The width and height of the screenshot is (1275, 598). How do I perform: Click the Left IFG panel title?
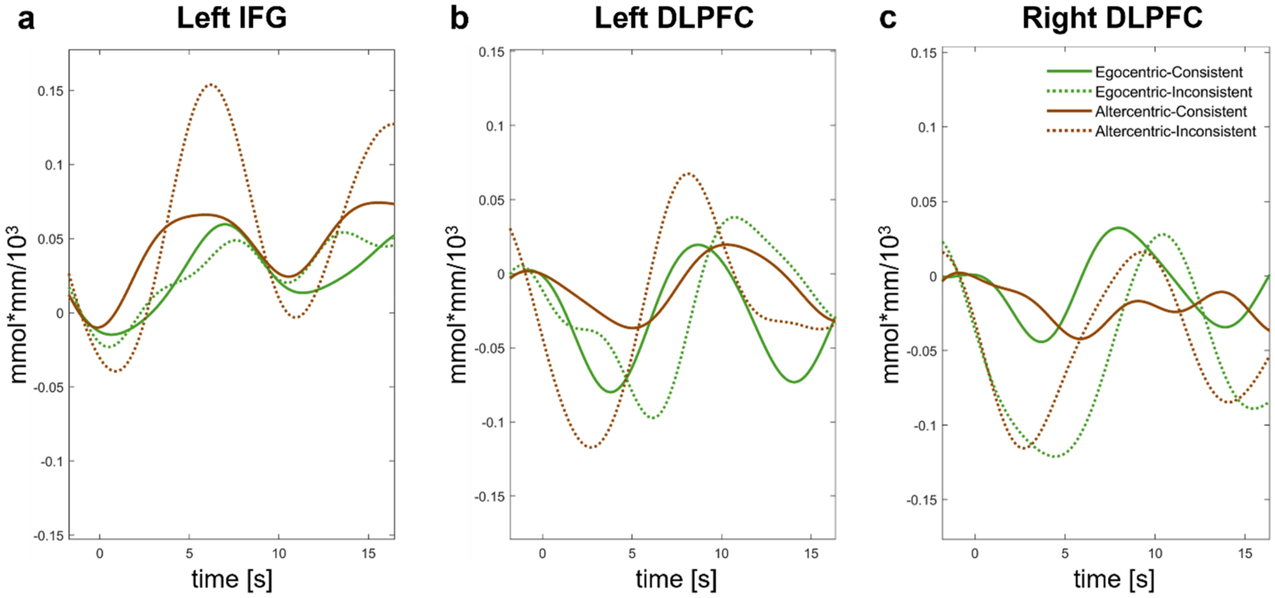[231, 17]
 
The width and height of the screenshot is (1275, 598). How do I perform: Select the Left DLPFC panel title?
[673, 17]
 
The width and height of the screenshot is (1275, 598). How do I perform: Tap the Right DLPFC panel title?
[1112, 17]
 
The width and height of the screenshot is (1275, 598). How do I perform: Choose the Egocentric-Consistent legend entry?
[1168, 72]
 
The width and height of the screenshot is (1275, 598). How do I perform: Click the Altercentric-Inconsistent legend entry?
[1175, 132]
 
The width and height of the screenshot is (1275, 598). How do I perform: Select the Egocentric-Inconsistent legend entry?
[1173, 92]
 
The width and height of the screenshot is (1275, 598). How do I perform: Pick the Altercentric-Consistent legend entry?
[1170, 112]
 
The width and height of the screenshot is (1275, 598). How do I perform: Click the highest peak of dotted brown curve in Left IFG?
[211, 85]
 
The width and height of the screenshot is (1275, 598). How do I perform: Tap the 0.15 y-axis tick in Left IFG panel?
[50, 91]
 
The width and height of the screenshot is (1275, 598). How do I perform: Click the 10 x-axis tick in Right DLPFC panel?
[1155, 554]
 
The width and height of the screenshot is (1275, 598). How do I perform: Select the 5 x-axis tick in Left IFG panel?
[189, 554]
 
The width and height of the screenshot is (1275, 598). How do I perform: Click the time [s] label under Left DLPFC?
[675, 579]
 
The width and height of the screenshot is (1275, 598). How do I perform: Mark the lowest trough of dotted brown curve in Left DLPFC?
[592, 447]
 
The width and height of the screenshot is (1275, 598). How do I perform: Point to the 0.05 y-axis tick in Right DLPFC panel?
[924, 202]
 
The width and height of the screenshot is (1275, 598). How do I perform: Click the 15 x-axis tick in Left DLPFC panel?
[811, 554]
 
